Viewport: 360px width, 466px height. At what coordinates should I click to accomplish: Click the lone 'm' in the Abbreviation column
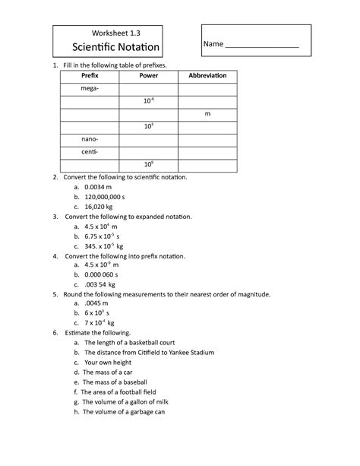207,114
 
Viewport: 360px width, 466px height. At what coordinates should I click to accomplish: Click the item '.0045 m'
97,303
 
